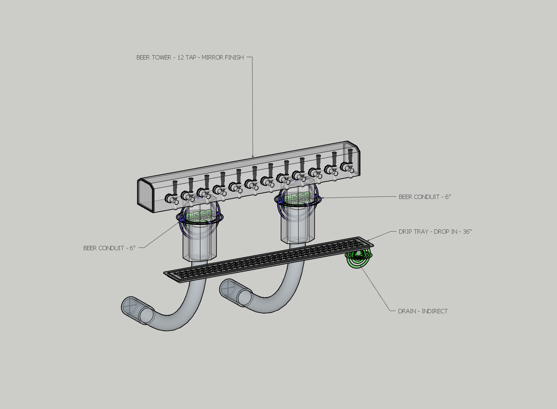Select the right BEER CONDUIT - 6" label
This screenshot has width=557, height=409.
pyautogui.click(x=425, y=197)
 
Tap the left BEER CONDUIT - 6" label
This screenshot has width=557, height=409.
pyautogui.click(x=109, y=248)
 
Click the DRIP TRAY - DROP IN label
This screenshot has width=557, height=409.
pyautogui.click(x=435, y=232)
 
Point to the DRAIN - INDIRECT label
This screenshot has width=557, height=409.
pyautogui.click(x=423, y=311)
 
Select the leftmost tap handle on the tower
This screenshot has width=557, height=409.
pyautogui.click(x=175, y=187)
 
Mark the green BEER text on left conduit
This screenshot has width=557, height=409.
pyautogui.click(x=199, y=215)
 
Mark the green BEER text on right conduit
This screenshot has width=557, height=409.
pyautogui.click(x=297, y=197)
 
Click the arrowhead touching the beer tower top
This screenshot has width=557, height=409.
pyautogui.click(x=253, y=157)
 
